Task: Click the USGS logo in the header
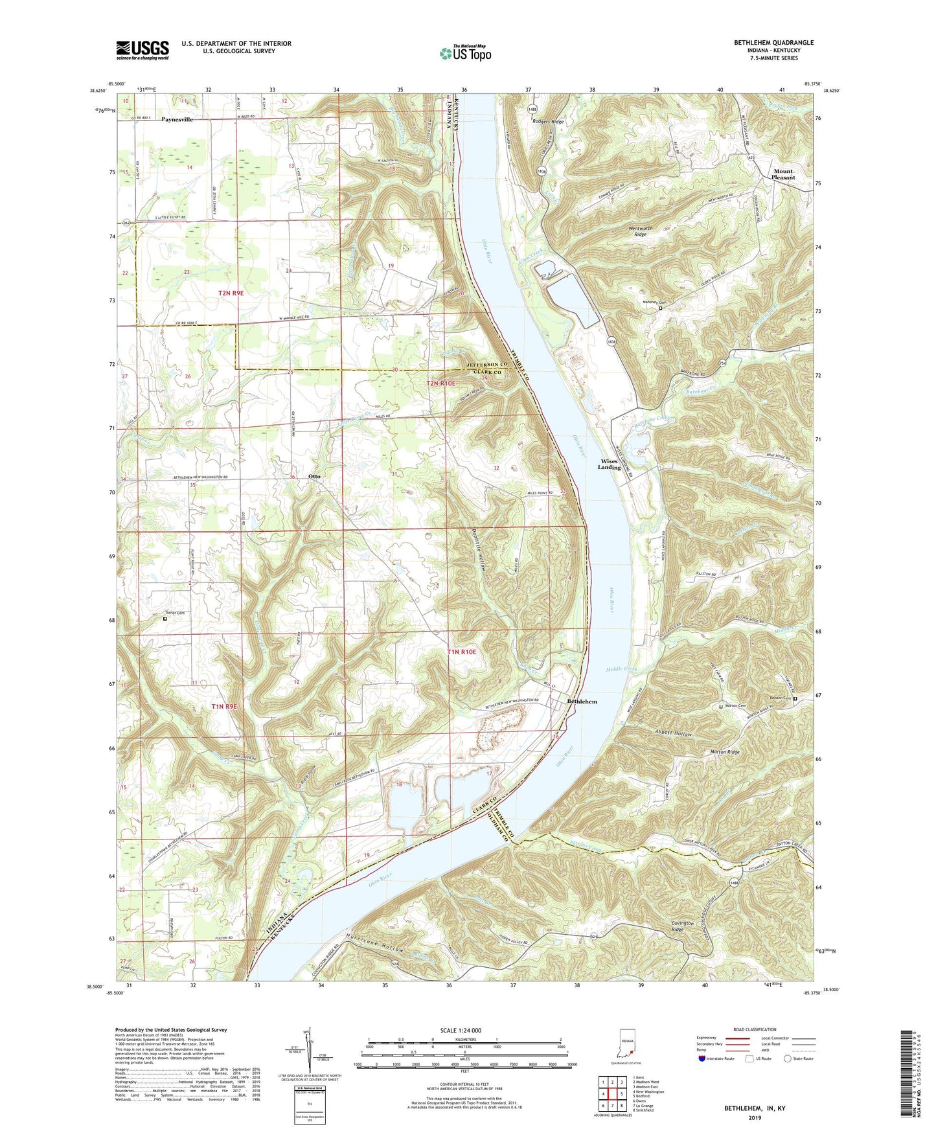143,50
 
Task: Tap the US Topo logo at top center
465,53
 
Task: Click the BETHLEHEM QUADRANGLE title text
773,43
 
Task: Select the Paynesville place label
177,119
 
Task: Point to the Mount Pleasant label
784,174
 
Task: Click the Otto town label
314,476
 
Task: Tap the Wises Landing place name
609,464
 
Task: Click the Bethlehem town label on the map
582,702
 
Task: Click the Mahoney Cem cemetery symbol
660,309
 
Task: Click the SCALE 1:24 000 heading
464,1030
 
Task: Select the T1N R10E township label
461,652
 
